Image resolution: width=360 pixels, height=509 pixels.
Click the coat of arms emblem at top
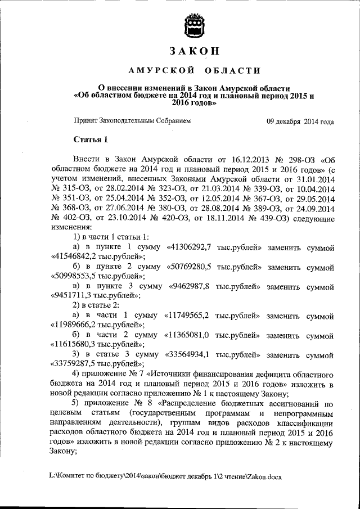[x=194, y=25]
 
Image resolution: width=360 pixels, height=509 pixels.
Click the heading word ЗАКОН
[x=194, y=51]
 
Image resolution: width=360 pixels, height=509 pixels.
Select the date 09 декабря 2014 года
[x=300, y=121]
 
